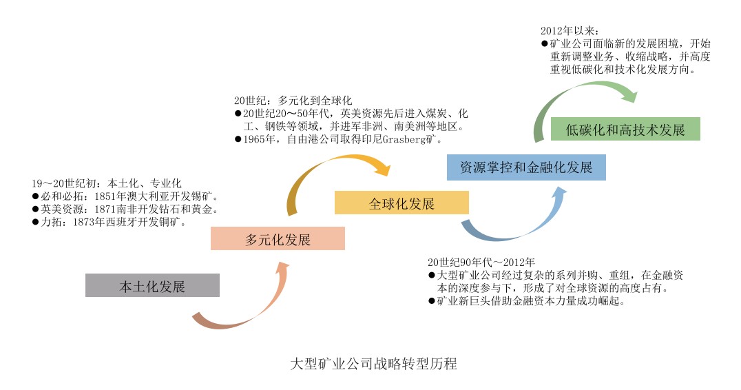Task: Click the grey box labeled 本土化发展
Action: pos(152,285)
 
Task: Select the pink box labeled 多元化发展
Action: pos(278,239)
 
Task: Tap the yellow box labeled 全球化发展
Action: pos(401,203)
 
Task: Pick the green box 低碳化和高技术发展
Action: pos(625,129)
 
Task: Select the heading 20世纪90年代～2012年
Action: pos(481,263)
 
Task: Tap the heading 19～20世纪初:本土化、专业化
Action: pos(106,183)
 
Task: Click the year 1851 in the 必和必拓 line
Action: pos(109,196)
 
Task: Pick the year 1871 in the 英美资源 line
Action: pos(109,209)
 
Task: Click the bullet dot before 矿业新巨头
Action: pos(431,302)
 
